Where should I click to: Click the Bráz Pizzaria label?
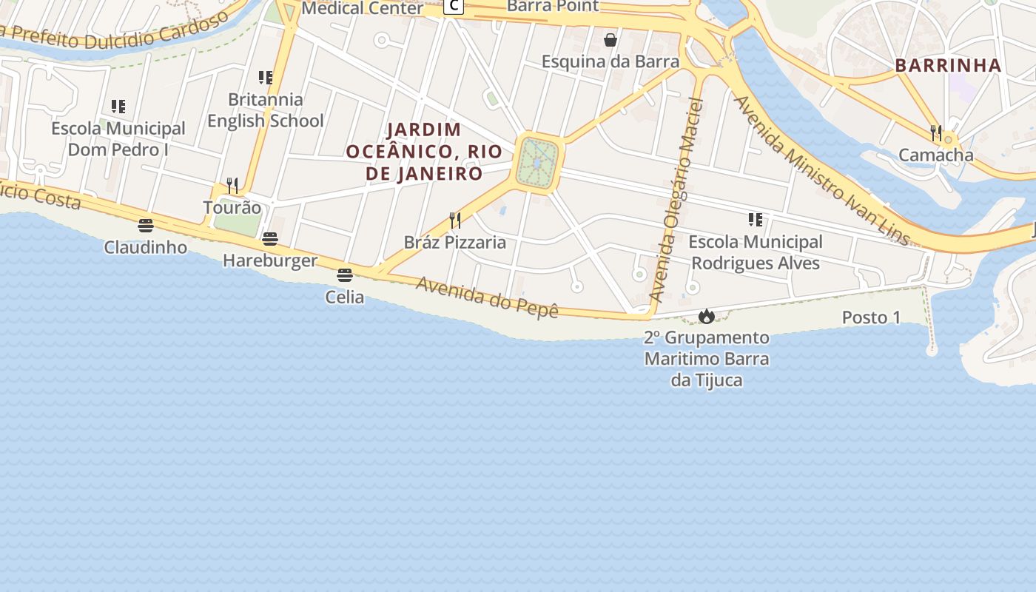point(455,242)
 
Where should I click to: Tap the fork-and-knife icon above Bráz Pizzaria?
point(455,220)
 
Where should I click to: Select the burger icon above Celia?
point(344,275)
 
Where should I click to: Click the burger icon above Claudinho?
point(146,226)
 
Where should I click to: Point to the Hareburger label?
point(270,260)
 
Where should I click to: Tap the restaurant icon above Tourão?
point(232,185)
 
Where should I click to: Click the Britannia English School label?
point(266,110)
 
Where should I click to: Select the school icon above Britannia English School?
point(266,78)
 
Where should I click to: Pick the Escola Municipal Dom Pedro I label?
point(118,139)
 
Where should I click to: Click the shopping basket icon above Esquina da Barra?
point(610,39)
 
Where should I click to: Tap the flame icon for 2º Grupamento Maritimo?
point(707,317)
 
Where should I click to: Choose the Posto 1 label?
point(871,317)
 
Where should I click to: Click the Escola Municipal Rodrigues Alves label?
point(756,252)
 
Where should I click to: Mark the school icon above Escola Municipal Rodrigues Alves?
point(756,220)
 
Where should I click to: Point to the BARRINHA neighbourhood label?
point(948,65)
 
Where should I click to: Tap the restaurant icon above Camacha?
point(936,133)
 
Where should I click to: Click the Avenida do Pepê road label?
point(486,297)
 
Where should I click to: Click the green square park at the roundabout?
point(538,163)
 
